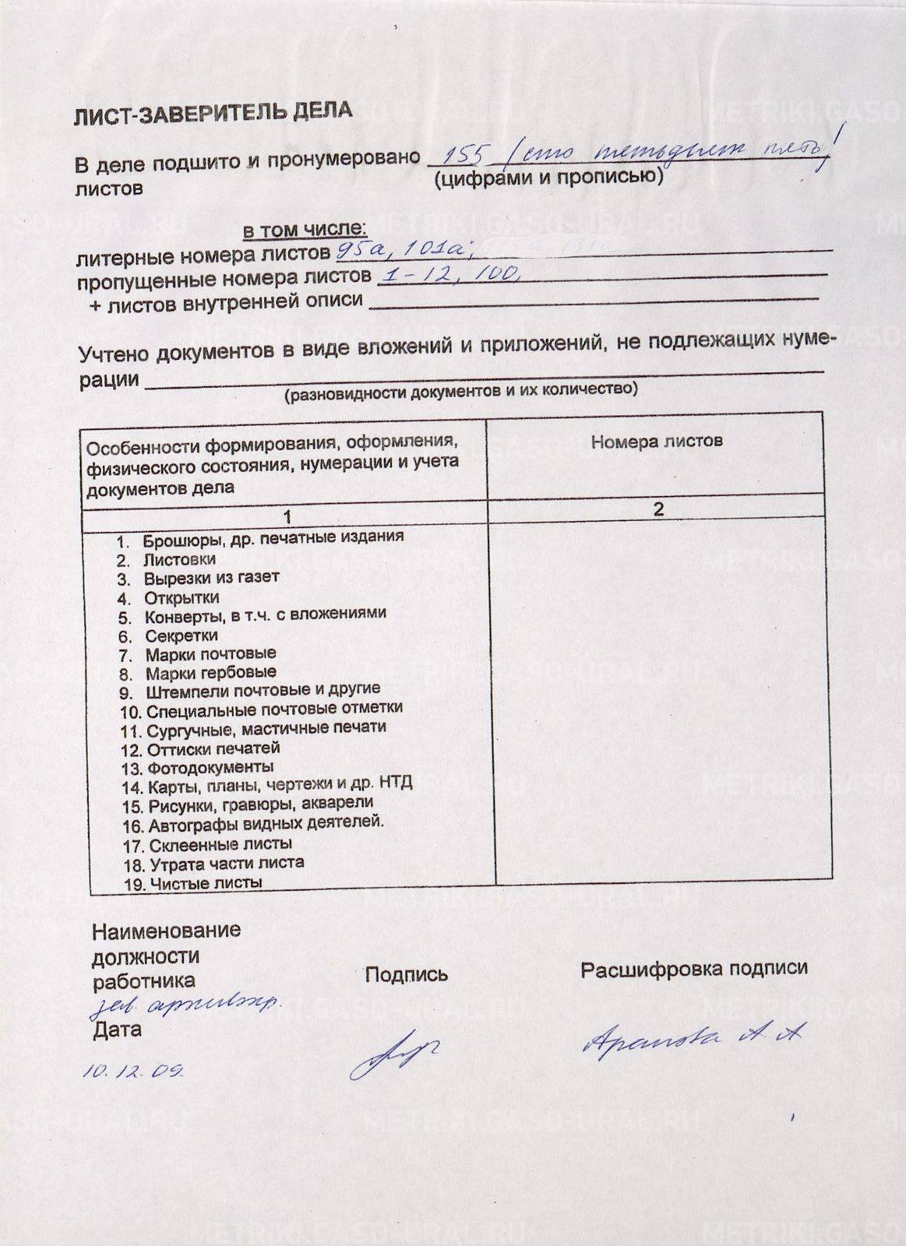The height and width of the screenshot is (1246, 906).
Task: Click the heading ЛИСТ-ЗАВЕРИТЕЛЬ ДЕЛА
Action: pos(212,113)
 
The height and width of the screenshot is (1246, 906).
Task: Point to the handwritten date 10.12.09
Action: pos(133,1071)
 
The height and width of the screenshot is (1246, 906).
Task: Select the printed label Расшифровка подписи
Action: pos(693,969)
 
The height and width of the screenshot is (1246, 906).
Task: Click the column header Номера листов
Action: pos(656,442)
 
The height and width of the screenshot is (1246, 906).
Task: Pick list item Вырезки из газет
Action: pos(210,578)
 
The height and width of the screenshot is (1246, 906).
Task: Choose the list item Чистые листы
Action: pos(205,883)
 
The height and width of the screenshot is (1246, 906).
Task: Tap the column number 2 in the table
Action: pos(658,509)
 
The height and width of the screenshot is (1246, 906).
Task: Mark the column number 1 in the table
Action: pos(287,517)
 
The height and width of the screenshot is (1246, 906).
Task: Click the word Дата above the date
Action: pos(117,1030)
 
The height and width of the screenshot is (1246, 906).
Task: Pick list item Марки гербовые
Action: pos(210,672)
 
